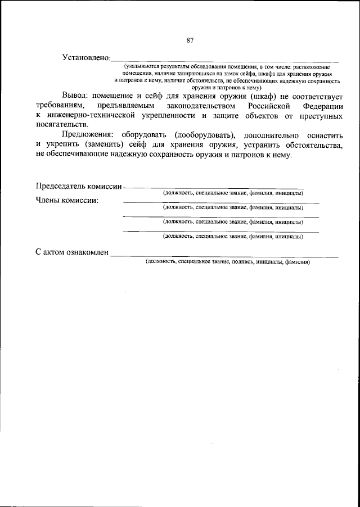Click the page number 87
point(190,40)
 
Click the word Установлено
point(85,58)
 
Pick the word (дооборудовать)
point(206,135)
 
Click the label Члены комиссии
point(67,200)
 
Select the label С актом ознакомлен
point(71,253)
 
